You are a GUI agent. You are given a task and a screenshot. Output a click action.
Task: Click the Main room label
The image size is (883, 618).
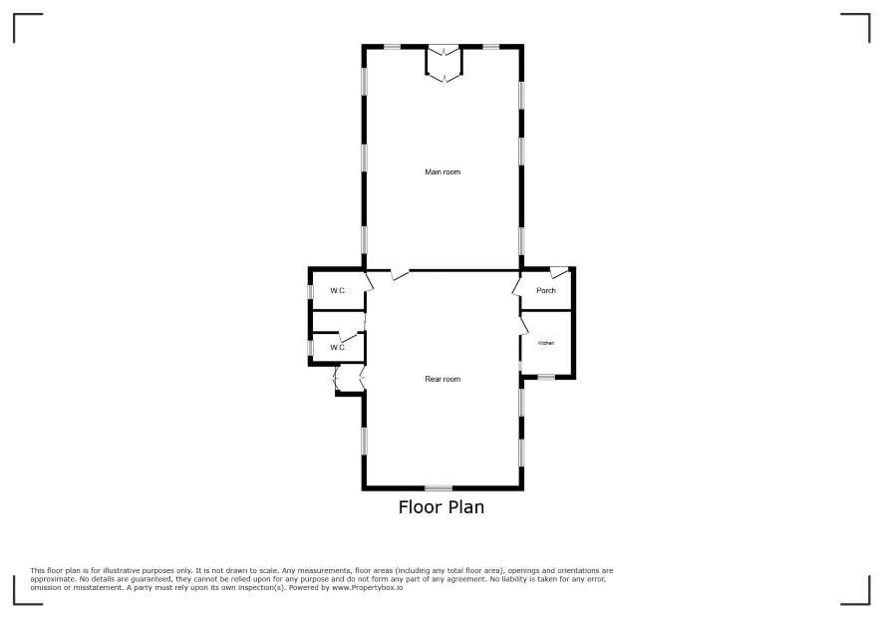(x=442, y=171)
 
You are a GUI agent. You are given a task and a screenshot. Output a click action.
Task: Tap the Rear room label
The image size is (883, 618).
(x=442, y=379)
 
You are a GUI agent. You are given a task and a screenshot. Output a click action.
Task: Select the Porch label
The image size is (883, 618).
(x=546, y=291)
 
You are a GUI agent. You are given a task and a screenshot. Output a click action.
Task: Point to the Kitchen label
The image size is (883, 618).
(x=546, y=343)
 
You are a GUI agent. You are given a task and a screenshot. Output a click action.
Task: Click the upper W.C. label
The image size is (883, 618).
(x=338, y=291)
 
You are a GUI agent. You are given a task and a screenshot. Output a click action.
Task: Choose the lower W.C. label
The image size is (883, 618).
(x=338, y=348)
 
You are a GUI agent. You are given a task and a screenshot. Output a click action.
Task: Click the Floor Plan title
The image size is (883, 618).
(x=441, y=507)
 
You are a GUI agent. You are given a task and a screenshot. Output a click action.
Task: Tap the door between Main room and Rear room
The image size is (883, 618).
(x=401, y=275)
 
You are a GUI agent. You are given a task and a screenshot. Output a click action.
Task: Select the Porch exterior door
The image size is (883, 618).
(x=559, y=273)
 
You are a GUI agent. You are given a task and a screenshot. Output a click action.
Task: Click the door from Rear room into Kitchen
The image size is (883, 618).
(x=523, y=326)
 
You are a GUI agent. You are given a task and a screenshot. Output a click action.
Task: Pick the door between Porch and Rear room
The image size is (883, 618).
(x=517, y=285)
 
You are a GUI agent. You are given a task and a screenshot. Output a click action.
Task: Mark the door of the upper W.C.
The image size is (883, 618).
(x=370, y=282)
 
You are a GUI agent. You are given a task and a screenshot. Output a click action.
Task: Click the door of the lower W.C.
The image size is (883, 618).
(x=349, y=338)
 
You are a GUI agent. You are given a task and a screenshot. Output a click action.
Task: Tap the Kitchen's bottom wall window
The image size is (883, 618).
(x=546, y=377)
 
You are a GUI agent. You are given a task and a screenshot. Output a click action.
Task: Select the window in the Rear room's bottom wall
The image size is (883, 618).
(x=439, y=487)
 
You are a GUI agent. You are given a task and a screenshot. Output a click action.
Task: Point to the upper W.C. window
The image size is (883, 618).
(x=310, y=292)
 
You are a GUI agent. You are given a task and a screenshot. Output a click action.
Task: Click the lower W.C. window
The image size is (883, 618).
(x=310, y=348)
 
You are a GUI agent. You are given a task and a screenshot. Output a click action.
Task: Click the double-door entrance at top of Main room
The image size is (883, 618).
(x=443, y=64)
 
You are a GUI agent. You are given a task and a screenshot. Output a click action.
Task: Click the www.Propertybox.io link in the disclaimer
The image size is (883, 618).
(x=367, y=587)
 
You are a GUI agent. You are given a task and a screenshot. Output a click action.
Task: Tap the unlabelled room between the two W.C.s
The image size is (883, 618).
(x=338, y=322)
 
